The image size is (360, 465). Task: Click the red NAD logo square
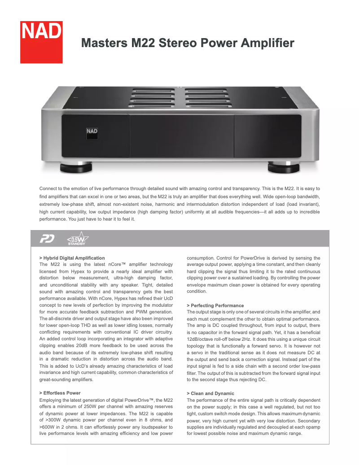click(x=41, y=42)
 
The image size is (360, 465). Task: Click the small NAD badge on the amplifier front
click(x=92, y=131)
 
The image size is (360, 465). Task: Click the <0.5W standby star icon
click(x=77, y=239)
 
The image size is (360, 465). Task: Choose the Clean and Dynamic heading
click(x=209, y=393)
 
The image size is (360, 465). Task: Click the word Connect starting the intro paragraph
click(x=49, y=189)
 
